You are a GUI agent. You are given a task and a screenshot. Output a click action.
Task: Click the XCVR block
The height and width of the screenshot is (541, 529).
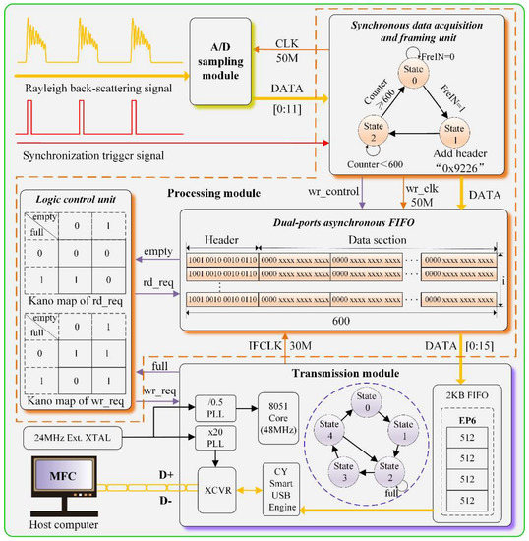(215, 489)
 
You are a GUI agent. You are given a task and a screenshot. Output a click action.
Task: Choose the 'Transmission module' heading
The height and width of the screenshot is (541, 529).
(346, 373)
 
